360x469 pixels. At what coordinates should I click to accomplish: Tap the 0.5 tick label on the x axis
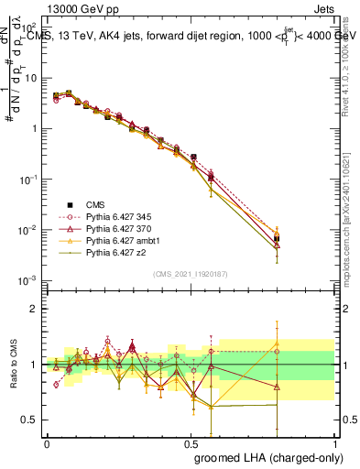[191, 444]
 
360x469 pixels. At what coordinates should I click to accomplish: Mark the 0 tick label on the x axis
[47, 444]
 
